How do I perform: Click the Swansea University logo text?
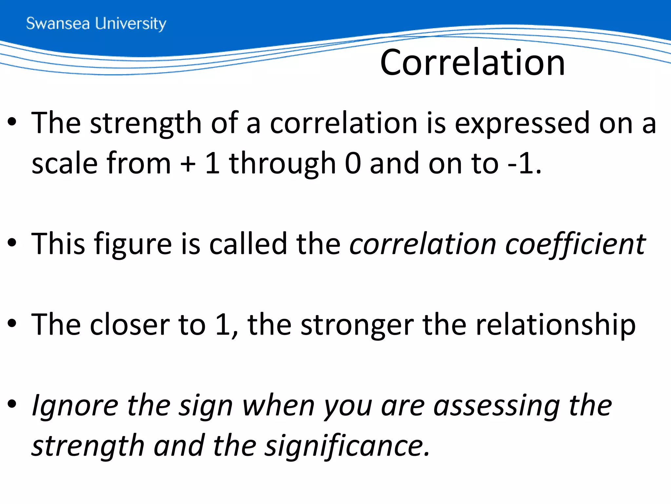96,24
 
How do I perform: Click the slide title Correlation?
472,63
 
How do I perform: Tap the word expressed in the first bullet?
522,123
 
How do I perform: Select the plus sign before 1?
188,163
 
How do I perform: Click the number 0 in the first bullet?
353,163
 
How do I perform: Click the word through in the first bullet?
282,164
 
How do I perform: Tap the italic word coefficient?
575,244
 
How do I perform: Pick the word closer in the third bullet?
129,325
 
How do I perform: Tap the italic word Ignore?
75,406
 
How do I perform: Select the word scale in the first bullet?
65,163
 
